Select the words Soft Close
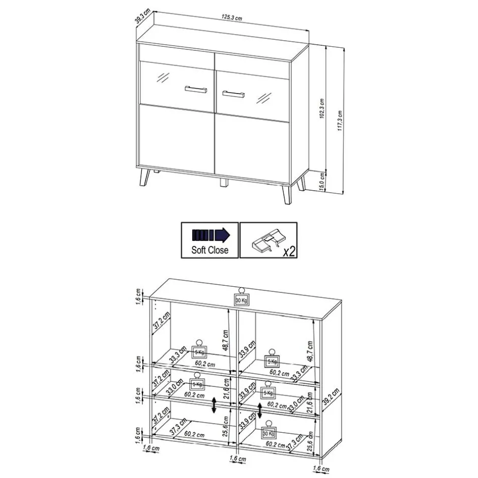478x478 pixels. point(210,250)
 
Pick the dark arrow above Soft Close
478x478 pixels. point(211,235)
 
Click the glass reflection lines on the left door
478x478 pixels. point(163,78)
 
